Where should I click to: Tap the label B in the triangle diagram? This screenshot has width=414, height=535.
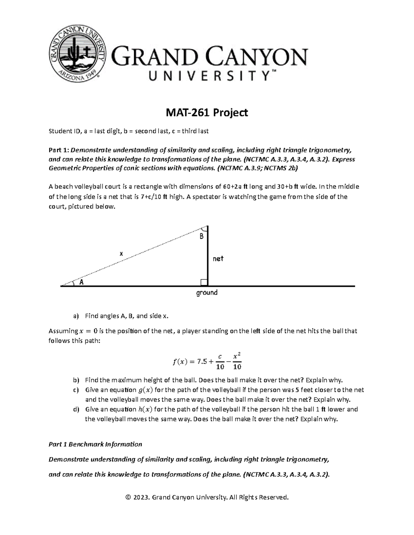[x=201, y=237]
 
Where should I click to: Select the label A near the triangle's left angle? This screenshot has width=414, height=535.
[x=82, y=282]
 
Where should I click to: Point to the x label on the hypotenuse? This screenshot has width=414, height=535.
[x=121, y=254]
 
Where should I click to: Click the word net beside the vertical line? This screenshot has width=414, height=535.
[x=218, y=258]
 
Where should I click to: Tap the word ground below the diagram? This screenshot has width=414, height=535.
[x=207, y=293]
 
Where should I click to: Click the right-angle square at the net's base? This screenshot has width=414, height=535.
[x=204, y=282]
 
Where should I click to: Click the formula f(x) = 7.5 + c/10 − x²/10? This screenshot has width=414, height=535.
[x=207, y=361]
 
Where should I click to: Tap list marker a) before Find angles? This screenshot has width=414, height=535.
[x=76, y=316]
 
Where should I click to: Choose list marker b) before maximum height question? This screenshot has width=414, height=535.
[x=76, y=380]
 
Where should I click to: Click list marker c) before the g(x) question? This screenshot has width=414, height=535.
[x=76, y=390]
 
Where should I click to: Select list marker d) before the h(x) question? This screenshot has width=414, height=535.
[x=76, y=409]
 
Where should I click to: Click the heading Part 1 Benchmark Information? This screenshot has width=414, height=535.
[x=95, y=444]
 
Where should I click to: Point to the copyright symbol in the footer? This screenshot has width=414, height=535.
[x=128, y=497]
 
